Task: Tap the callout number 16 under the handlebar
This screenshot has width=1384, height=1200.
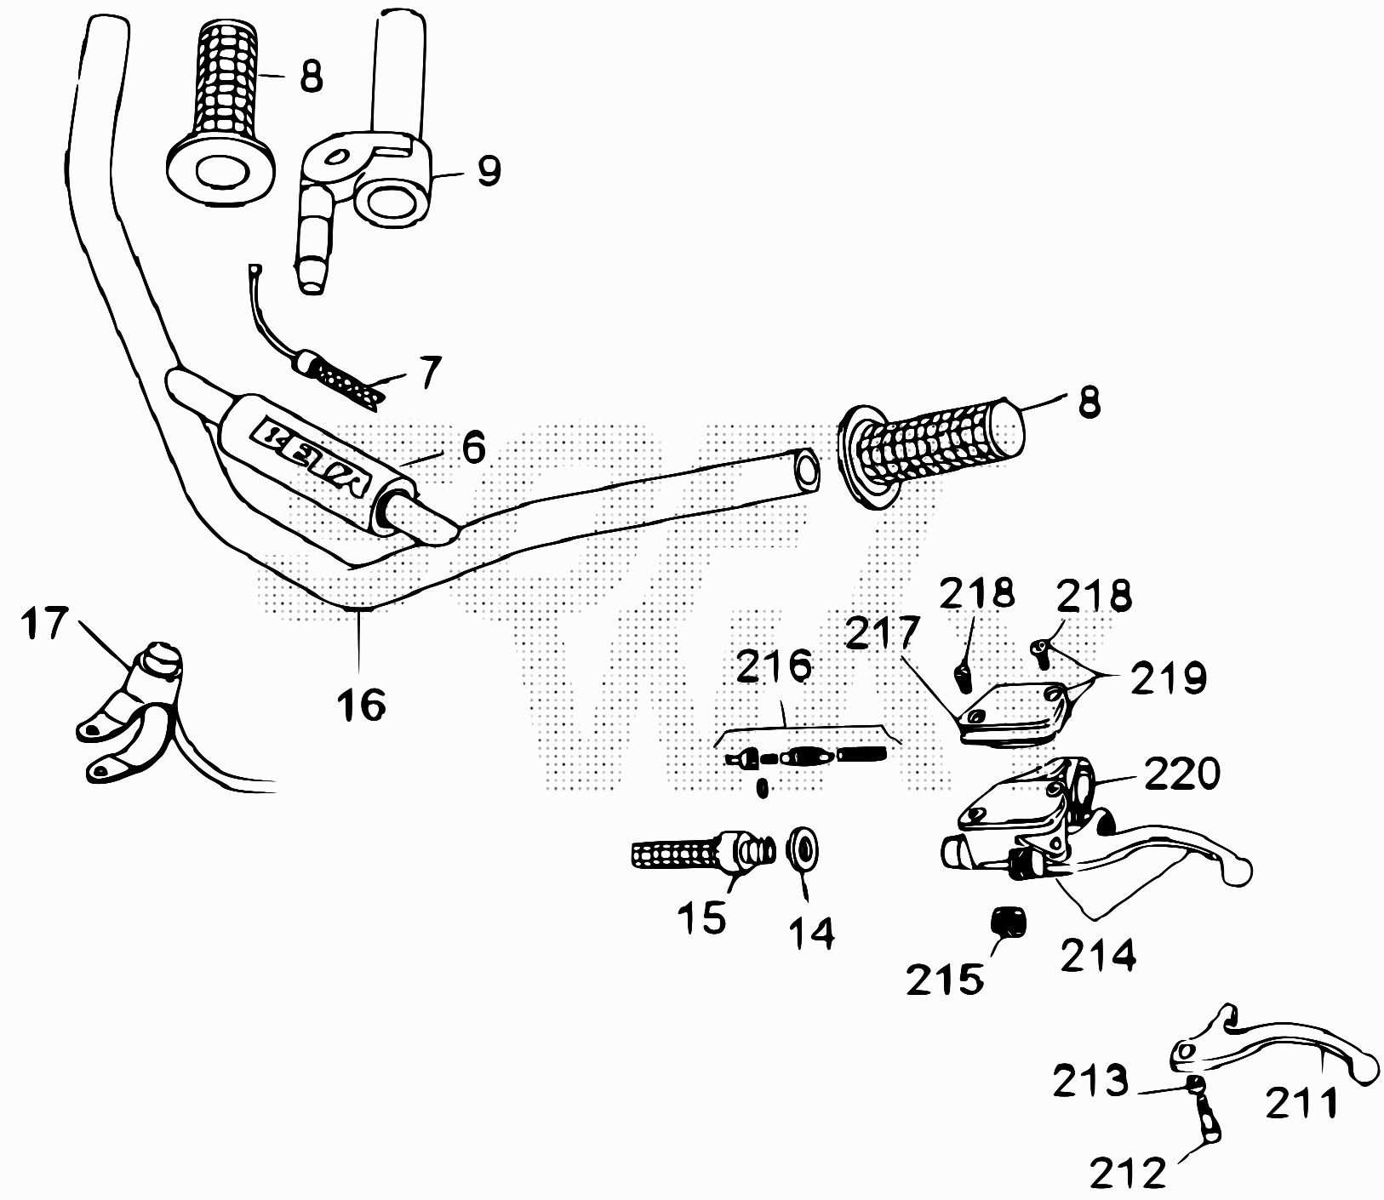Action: click(x=362, y=705)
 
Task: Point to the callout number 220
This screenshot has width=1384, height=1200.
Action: click(x=1182, y=774)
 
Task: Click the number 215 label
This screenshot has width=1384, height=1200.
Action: click(x=944, y=980)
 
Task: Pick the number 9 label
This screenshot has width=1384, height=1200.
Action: click(x=489, y=171)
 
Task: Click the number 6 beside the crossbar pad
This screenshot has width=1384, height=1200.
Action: click(x=472, y=446)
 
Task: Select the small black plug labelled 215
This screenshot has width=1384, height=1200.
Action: click(x=1009, y=923)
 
